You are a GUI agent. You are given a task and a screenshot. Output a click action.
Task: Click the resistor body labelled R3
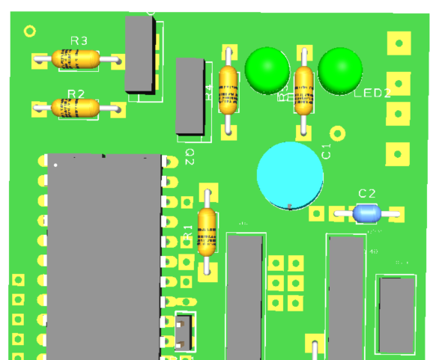76,58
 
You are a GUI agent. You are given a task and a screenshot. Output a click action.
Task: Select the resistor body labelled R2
76,109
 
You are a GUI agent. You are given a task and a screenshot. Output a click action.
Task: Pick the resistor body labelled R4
228,90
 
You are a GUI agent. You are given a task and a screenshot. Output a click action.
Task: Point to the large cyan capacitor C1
290,175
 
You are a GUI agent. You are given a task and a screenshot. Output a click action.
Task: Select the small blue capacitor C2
367,213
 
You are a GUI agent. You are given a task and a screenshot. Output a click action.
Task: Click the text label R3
79,40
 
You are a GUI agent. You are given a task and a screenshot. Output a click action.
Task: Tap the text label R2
76,92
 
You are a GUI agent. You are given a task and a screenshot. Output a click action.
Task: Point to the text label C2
367,194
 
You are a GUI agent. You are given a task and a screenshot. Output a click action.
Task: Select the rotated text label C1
326,151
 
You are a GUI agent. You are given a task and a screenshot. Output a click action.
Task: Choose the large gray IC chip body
104,254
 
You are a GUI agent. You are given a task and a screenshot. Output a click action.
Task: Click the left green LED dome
267,70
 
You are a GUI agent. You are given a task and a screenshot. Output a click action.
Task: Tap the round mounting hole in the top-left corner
30,31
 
